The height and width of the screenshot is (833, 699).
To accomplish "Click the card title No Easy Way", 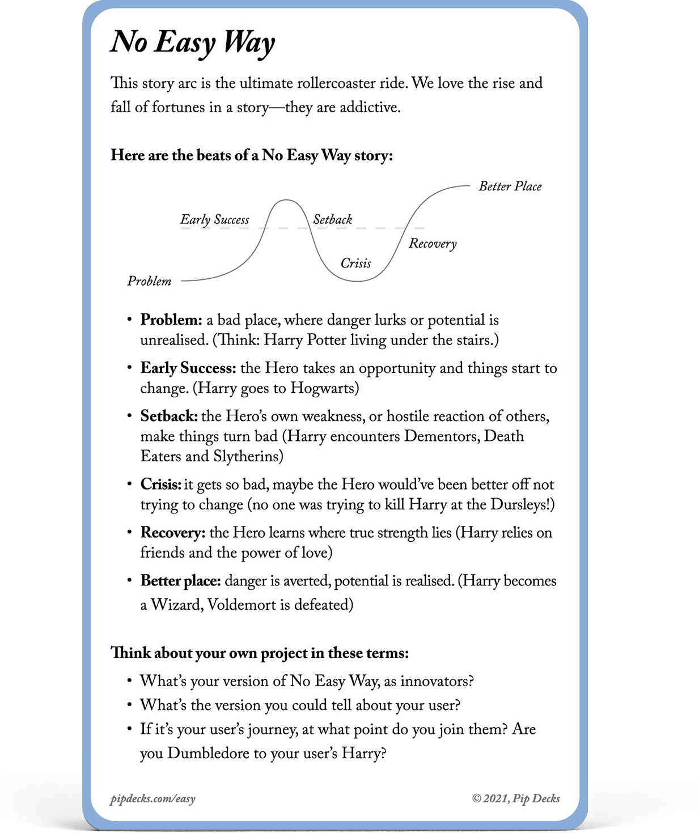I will [193, 42].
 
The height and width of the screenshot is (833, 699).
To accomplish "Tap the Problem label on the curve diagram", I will [149, 281].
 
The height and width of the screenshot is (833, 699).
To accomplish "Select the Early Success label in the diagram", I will [214, 220].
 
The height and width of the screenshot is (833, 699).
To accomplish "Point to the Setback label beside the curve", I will [332, 220].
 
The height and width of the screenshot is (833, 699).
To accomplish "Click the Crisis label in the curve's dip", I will [355, 263].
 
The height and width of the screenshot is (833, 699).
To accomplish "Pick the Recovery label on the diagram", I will [433, 244].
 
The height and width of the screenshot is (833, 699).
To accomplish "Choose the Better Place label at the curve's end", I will [510, 186].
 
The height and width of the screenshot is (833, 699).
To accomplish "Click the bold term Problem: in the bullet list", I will [171, 320].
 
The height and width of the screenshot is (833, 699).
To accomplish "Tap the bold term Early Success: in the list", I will [188, 368].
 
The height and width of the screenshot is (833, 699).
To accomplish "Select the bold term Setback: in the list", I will [169, 416].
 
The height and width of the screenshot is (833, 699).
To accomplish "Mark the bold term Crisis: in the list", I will [161, 484].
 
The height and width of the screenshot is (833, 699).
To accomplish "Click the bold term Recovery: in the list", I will [173, 533].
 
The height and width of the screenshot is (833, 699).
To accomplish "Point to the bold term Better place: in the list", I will [181, 581].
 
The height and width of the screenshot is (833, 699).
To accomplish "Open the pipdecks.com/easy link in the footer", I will [152, 799].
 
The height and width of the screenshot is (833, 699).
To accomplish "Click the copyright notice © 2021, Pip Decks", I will [516, 798].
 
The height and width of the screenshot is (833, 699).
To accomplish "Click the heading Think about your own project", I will [259, 653].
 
